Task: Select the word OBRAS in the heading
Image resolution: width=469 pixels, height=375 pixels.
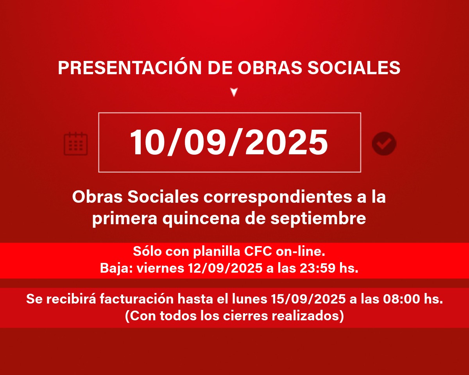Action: tap(270, 68)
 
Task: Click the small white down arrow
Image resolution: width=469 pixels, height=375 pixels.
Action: tap(234, 92)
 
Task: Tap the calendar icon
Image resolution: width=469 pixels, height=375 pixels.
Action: tap(75, 144)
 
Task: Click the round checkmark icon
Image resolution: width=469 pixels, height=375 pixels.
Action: tap(384, 144)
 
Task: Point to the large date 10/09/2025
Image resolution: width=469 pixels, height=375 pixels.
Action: tap(229, 142)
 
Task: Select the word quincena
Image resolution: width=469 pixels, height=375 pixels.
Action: tap(201, 219)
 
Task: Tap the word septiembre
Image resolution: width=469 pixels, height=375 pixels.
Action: tap(318, 219)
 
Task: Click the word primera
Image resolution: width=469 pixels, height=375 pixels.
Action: tap(125, 219)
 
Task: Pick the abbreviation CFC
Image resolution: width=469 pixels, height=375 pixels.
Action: tap(258, 252)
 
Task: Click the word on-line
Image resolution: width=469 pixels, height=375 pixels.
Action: tap(301, 252)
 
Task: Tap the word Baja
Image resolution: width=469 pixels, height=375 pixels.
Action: tap(116, 268)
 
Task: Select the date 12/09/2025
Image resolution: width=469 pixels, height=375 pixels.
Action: tap(225, 268)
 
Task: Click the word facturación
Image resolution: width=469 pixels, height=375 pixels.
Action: tap(137, 299)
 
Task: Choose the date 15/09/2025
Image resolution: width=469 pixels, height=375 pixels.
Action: tap(308, 299)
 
